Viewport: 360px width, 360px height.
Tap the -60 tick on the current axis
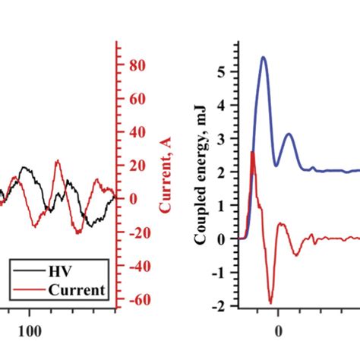pyautogui.click(x=134, y=300)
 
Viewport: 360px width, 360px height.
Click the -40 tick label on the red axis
pyautogui.click(x=134, y=267)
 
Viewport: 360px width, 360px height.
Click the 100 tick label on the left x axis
pyautogui.click(x=29, y=331)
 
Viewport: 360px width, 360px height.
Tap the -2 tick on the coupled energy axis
pyautogui.click(x=223, y=305)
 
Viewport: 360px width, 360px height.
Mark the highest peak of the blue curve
pyautogui.click(x=263, y=58)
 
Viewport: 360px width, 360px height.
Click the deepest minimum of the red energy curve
pyautogui.click(x=270, y=302)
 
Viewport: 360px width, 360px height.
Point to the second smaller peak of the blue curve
pyautogui.click(x=289, y=134)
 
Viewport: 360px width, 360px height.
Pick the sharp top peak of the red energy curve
pyautogui.click(x=252, y=153)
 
